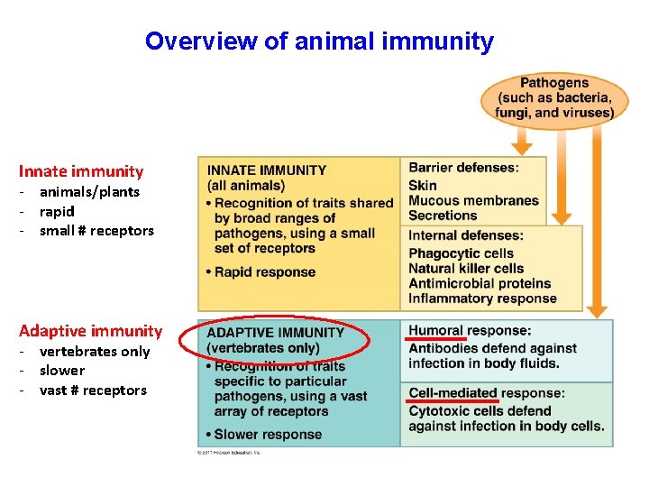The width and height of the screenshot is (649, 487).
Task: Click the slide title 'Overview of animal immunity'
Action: [319, 41]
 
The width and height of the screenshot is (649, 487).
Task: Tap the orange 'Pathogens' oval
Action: [553, 98]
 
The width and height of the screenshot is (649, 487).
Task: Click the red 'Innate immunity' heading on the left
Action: [81, 171]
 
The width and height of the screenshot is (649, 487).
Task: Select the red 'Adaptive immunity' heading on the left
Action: [90, 331]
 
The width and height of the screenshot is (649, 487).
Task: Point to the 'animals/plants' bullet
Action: [89, 191]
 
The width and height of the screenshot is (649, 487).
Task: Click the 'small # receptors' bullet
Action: [96, 231]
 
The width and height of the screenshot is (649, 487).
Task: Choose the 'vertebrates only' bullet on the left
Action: [95, 352]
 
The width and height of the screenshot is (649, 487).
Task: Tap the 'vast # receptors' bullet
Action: [93, 391]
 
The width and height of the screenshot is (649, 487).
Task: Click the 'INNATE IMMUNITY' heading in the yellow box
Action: [267, 170]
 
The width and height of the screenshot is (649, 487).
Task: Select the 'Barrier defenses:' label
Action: [463, 168]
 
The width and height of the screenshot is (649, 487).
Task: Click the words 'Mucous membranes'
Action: [473, 200]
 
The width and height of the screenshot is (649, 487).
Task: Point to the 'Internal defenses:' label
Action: [466, 236]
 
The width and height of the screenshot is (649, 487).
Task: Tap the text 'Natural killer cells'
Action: [466, 269]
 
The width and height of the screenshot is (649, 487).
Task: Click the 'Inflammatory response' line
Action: [482, 299]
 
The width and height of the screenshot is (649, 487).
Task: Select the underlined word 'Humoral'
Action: [436, 331]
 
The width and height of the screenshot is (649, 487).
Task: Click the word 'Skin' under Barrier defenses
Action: [423, 185]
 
